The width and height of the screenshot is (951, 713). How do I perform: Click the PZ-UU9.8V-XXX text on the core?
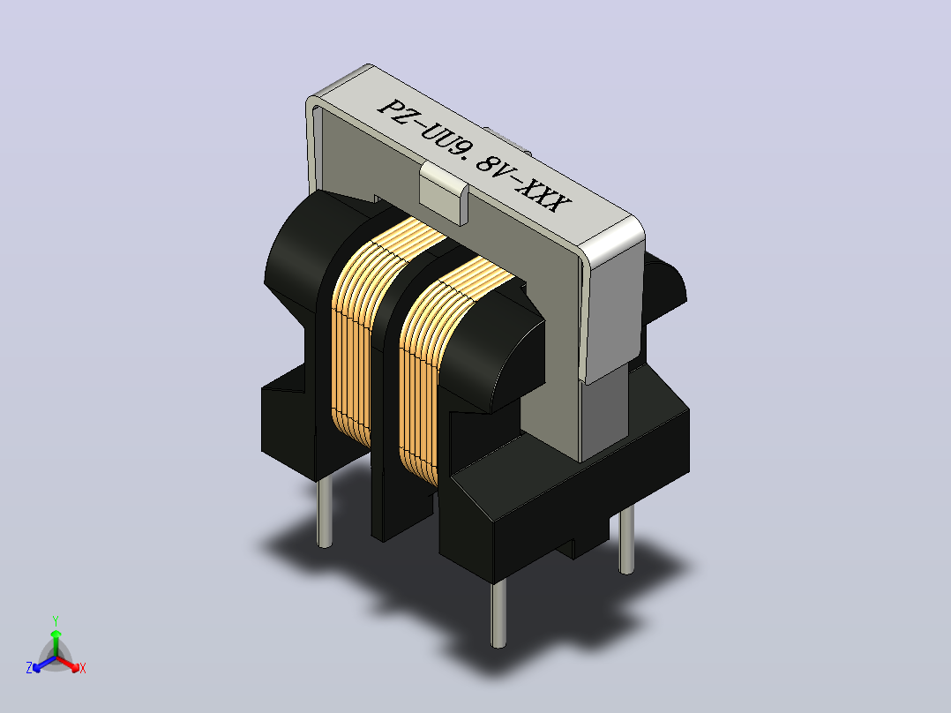tap(474, 156)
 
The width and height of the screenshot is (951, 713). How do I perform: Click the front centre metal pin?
tap(498, 613)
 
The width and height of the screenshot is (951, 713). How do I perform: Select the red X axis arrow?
tap(69, 664)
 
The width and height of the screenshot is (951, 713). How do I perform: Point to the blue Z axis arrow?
tap(44, 664)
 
